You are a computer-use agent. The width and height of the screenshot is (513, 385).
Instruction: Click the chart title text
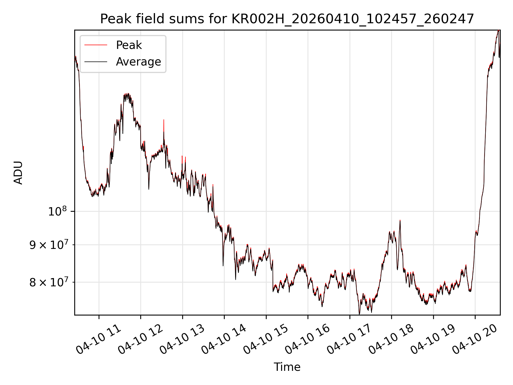pos(287,19)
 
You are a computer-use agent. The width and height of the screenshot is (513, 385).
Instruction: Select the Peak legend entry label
pos(129,45)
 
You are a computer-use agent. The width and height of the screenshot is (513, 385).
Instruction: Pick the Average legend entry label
pos(138,62)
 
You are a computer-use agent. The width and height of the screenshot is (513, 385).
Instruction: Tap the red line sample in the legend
pos(96,45)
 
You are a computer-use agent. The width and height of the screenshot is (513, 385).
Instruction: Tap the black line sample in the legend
pos(96,62)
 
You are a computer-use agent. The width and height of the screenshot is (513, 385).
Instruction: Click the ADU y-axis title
pos(18,173)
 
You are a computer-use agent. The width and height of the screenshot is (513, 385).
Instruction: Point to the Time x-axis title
pos(287,367)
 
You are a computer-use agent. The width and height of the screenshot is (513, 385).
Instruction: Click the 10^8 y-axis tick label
pos(57,211)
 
